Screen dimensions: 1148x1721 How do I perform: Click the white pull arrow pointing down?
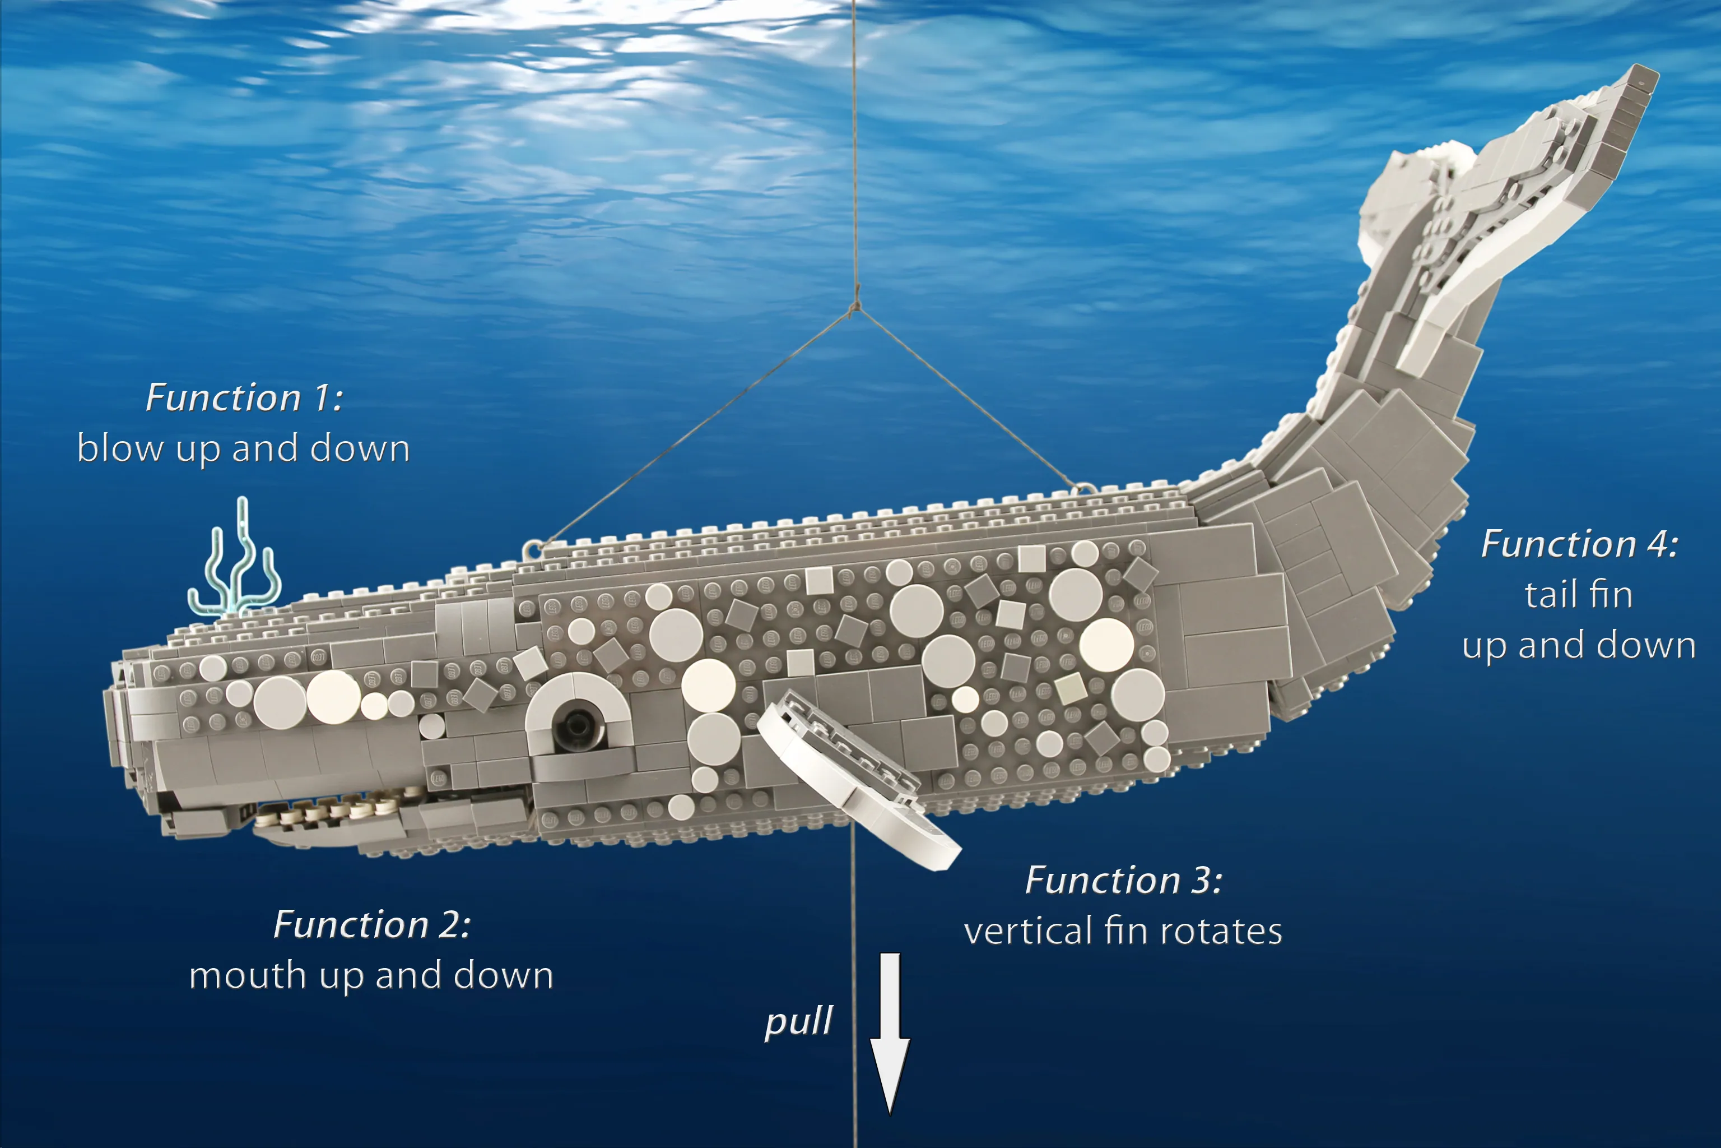(x=890, y=1033)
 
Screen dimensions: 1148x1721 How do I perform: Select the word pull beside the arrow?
(x=798, y=1021)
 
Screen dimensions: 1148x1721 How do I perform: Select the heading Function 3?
(x=1123, y=880)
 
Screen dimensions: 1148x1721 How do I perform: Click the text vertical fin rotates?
(x=1123, y=931)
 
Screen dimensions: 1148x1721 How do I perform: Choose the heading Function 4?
(x=1580, y=544)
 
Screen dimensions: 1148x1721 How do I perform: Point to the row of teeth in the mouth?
(x=329, y=809)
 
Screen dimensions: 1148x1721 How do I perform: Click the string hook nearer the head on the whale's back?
(x=532, y=548)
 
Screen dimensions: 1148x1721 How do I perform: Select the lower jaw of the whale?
(x=329, y=831)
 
